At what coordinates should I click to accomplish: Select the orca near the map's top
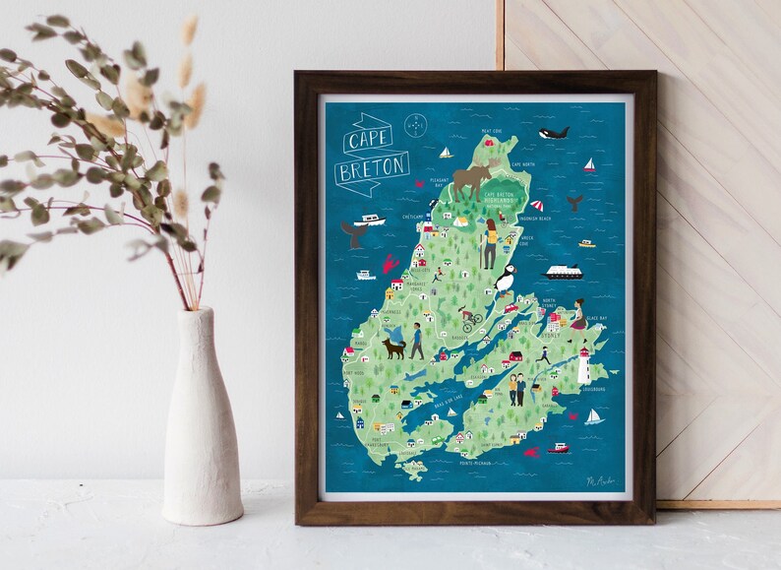point(557,131)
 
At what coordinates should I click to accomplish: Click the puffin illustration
point(504,283)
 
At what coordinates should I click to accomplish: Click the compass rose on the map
point(418,126)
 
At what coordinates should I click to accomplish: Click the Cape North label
point(523,164)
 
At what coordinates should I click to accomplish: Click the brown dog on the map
point(394,347)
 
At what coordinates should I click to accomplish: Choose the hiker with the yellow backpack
point(488,244)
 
